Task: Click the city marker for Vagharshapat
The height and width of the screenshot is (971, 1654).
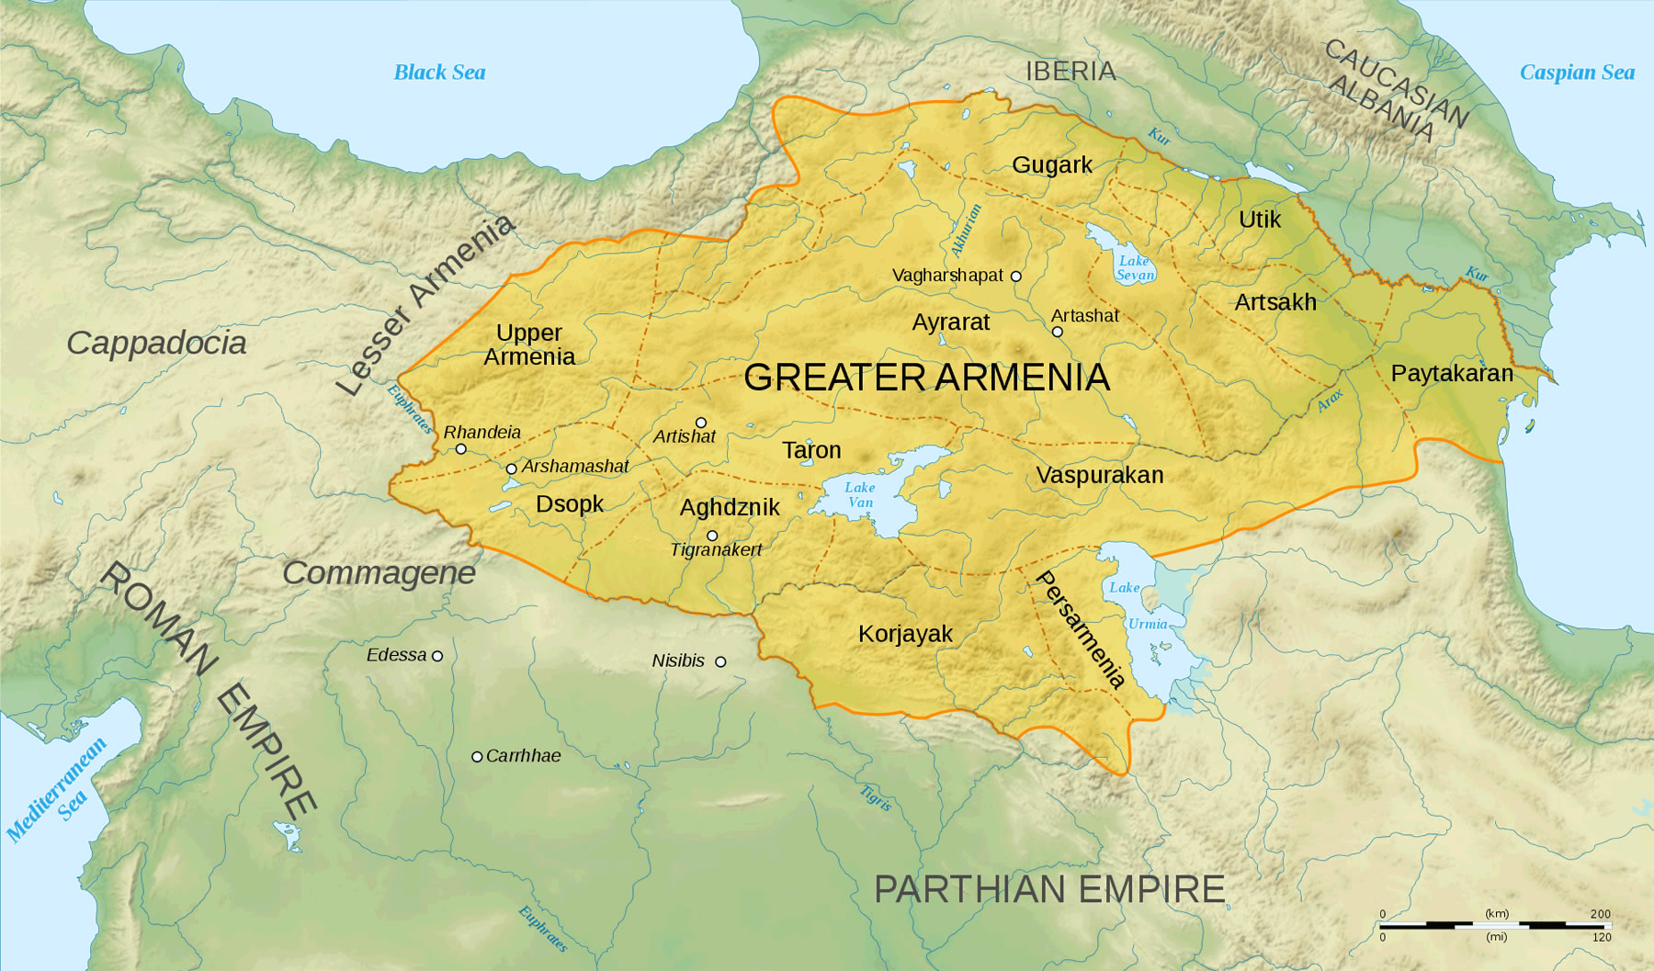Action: coord(1015,276)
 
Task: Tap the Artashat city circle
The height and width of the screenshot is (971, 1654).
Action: coord(1057,332)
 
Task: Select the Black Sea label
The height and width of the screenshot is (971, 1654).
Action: coord(439,73)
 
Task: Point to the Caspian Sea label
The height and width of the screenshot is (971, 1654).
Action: coord(1577,73)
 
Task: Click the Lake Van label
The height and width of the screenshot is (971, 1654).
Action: coord(860,495)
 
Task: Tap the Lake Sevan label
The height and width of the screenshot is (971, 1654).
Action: coord(1135,268)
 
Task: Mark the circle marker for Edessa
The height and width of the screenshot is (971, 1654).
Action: coord(437,656)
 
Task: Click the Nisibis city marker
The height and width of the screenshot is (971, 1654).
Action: coord(720,661)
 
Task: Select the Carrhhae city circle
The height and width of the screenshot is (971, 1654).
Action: coord(477,757)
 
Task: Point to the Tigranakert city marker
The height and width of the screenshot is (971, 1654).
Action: coord(712,536)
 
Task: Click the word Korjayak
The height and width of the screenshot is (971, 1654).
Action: coord(905,634)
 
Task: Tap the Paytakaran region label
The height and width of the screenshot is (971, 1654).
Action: coord(1452,373)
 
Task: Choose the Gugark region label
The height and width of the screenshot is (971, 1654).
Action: coord(1052,164)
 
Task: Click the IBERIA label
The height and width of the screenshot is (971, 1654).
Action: coord(1071,71)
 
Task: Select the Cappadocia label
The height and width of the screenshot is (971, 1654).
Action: coord(156,343)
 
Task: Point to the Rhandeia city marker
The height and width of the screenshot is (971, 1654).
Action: coord(461,449)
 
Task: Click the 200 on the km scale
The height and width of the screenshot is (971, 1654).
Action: coord(1600,914)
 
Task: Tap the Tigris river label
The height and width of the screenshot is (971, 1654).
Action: coord(876,797)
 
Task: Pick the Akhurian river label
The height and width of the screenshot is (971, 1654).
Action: coord(966,230)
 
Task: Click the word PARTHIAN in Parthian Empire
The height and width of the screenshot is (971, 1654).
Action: coord(969,889)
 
